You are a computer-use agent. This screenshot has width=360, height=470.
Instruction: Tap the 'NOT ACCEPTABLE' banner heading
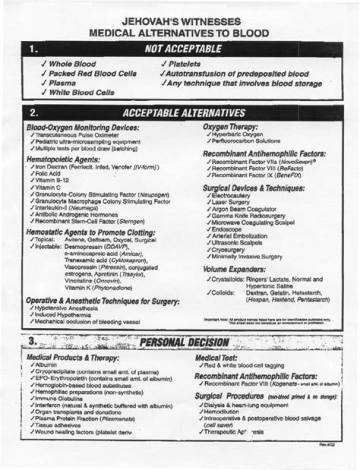pyautogui.click(x=182, y=49)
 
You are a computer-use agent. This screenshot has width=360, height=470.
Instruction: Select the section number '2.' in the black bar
pyautogui.click(x=34, y=113)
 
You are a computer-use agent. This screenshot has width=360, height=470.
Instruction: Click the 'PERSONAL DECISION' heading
pyautogui.click(x=184, y=342)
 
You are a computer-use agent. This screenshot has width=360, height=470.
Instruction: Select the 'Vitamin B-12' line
pyautogui.click(x=51, y=179)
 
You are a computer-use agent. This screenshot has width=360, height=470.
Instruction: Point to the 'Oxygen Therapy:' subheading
pyautogui.click(x=230, y=127)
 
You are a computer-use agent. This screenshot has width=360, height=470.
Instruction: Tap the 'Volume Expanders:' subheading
pyautogui.click(x=234, y=269)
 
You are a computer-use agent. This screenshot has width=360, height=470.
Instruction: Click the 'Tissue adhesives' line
pyautogui.click(x=58, y=424)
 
